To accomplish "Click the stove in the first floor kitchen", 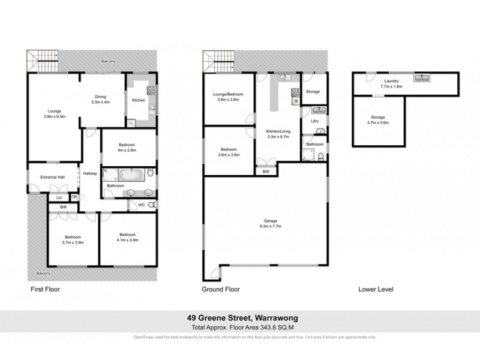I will point(151,91).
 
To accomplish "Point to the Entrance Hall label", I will point(52,177).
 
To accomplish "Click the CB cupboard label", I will point(74,196).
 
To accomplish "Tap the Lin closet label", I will point(59,197).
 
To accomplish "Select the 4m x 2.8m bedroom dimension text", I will point(127,151).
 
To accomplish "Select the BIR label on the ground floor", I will point(266,172).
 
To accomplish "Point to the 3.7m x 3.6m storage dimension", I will point(377,122).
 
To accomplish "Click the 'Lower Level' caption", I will point(376,289).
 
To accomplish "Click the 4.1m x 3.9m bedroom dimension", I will point(127,240).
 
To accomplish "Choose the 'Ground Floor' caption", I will point(221,289).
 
